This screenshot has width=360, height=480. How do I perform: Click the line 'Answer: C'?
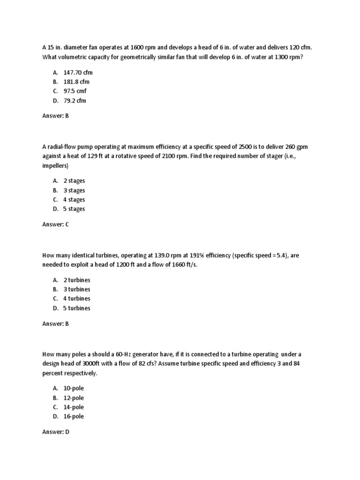(56, 225)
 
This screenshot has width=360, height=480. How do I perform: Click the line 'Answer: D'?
(56, 432)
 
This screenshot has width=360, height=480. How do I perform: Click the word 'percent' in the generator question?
(53, 374)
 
